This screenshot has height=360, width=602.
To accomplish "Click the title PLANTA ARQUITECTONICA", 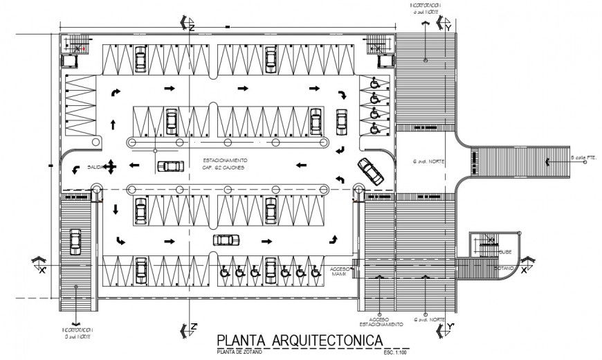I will [300, 341].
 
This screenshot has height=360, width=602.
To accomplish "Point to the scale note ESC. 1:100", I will [396, 353].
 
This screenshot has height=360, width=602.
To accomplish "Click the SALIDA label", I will [95, 167].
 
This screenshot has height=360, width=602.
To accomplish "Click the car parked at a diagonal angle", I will [370, 170].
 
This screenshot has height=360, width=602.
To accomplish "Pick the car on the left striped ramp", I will [75, 242].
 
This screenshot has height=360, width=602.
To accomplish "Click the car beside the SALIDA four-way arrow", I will [170, 166].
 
